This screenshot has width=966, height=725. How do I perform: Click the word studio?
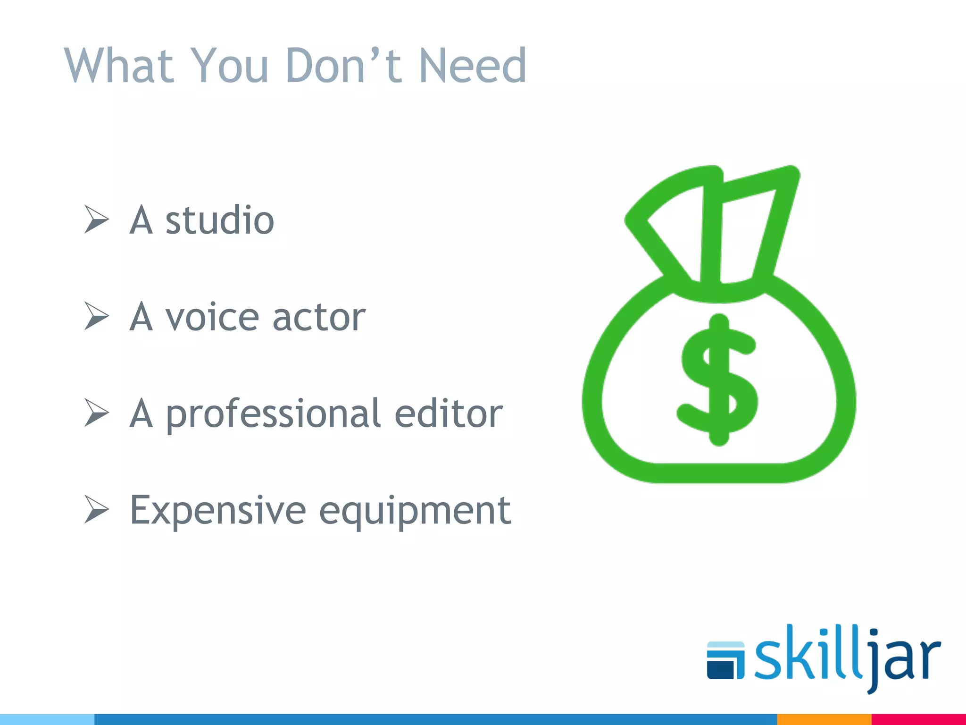click(x=219, y=220)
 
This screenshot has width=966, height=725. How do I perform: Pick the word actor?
click(x=319, y=317)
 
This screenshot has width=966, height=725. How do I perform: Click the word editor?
click(x=448, y=413)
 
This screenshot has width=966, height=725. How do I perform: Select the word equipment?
click(x=415, y=512)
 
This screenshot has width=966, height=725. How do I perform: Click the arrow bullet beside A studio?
click(x=97, y=219)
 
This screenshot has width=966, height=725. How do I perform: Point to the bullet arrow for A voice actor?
click(x=97, y=316)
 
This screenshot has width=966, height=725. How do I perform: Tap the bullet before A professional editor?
click(x=97, y=413)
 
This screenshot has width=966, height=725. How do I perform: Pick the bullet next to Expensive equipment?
click(x=97, y=509)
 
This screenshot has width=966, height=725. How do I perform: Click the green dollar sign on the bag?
click(x=718, y=380)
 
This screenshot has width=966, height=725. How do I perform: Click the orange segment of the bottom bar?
click(x=824, y=719)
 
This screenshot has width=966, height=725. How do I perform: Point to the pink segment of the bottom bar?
click(x=918, y=719)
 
